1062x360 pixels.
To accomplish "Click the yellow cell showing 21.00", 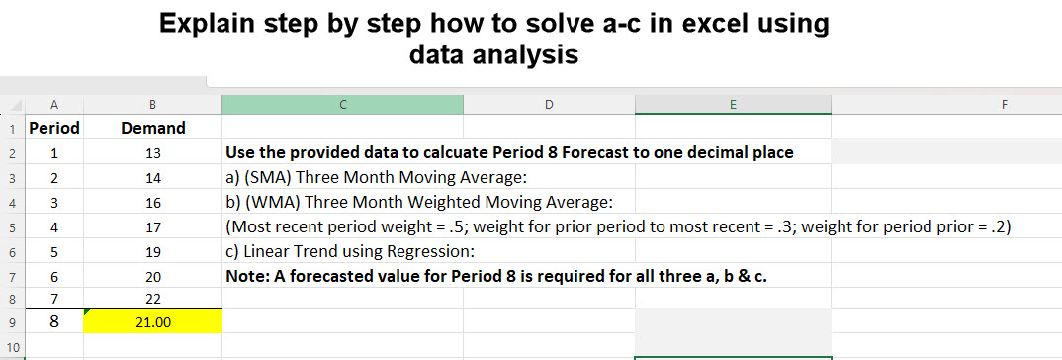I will (153, 322).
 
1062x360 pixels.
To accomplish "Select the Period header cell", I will (54, 128).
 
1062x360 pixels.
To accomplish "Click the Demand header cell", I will (153, 128).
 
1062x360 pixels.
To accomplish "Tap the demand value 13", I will (153, 153).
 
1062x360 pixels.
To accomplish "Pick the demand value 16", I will (153, 202).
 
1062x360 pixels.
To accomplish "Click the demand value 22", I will (153, 298).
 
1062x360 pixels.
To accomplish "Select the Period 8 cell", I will (54, 322).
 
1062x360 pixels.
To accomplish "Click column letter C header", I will (342, 104).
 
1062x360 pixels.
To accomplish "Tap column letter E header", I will (732, 104).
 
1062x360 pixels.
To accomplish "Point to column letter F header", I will (1004, 104).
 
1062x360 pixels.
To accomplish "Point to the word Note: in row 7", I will (248, 276).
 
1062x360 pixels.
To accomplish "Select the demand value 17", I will (153, 226).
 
